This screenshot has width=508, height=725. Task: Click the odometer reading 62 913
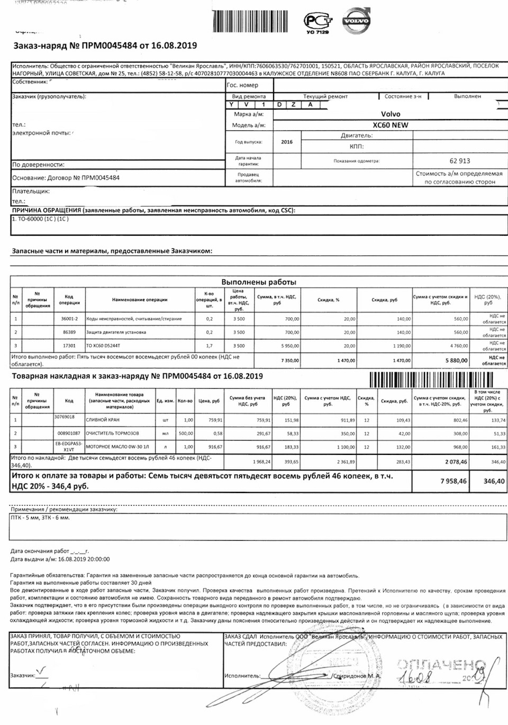tap(459, 160)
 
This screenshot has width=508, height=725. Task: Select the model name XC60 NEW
tap(391, 126)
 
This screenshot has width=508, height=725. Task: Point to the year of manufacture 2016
tap(286, 142)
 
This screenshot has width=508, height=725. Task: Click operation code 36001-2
tap(69, 319)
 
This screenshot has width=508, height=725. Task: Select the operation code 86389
tap(69, 332)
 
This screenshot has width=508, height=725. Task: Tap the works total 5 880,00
tap(456, 361)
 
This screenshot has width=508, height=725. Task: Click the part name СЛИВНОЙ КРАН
tap(106, 420)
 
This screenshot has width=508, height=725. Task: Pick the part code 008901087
tap(69, 433)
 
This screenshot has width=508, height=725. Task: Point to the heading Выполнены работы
tap(258, 282)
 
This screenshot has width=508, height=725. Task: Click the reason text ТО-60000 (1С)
tap(41, 219)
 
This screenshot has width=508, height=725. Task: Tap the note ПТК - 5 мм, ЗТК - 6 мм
tap(40, 517)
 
